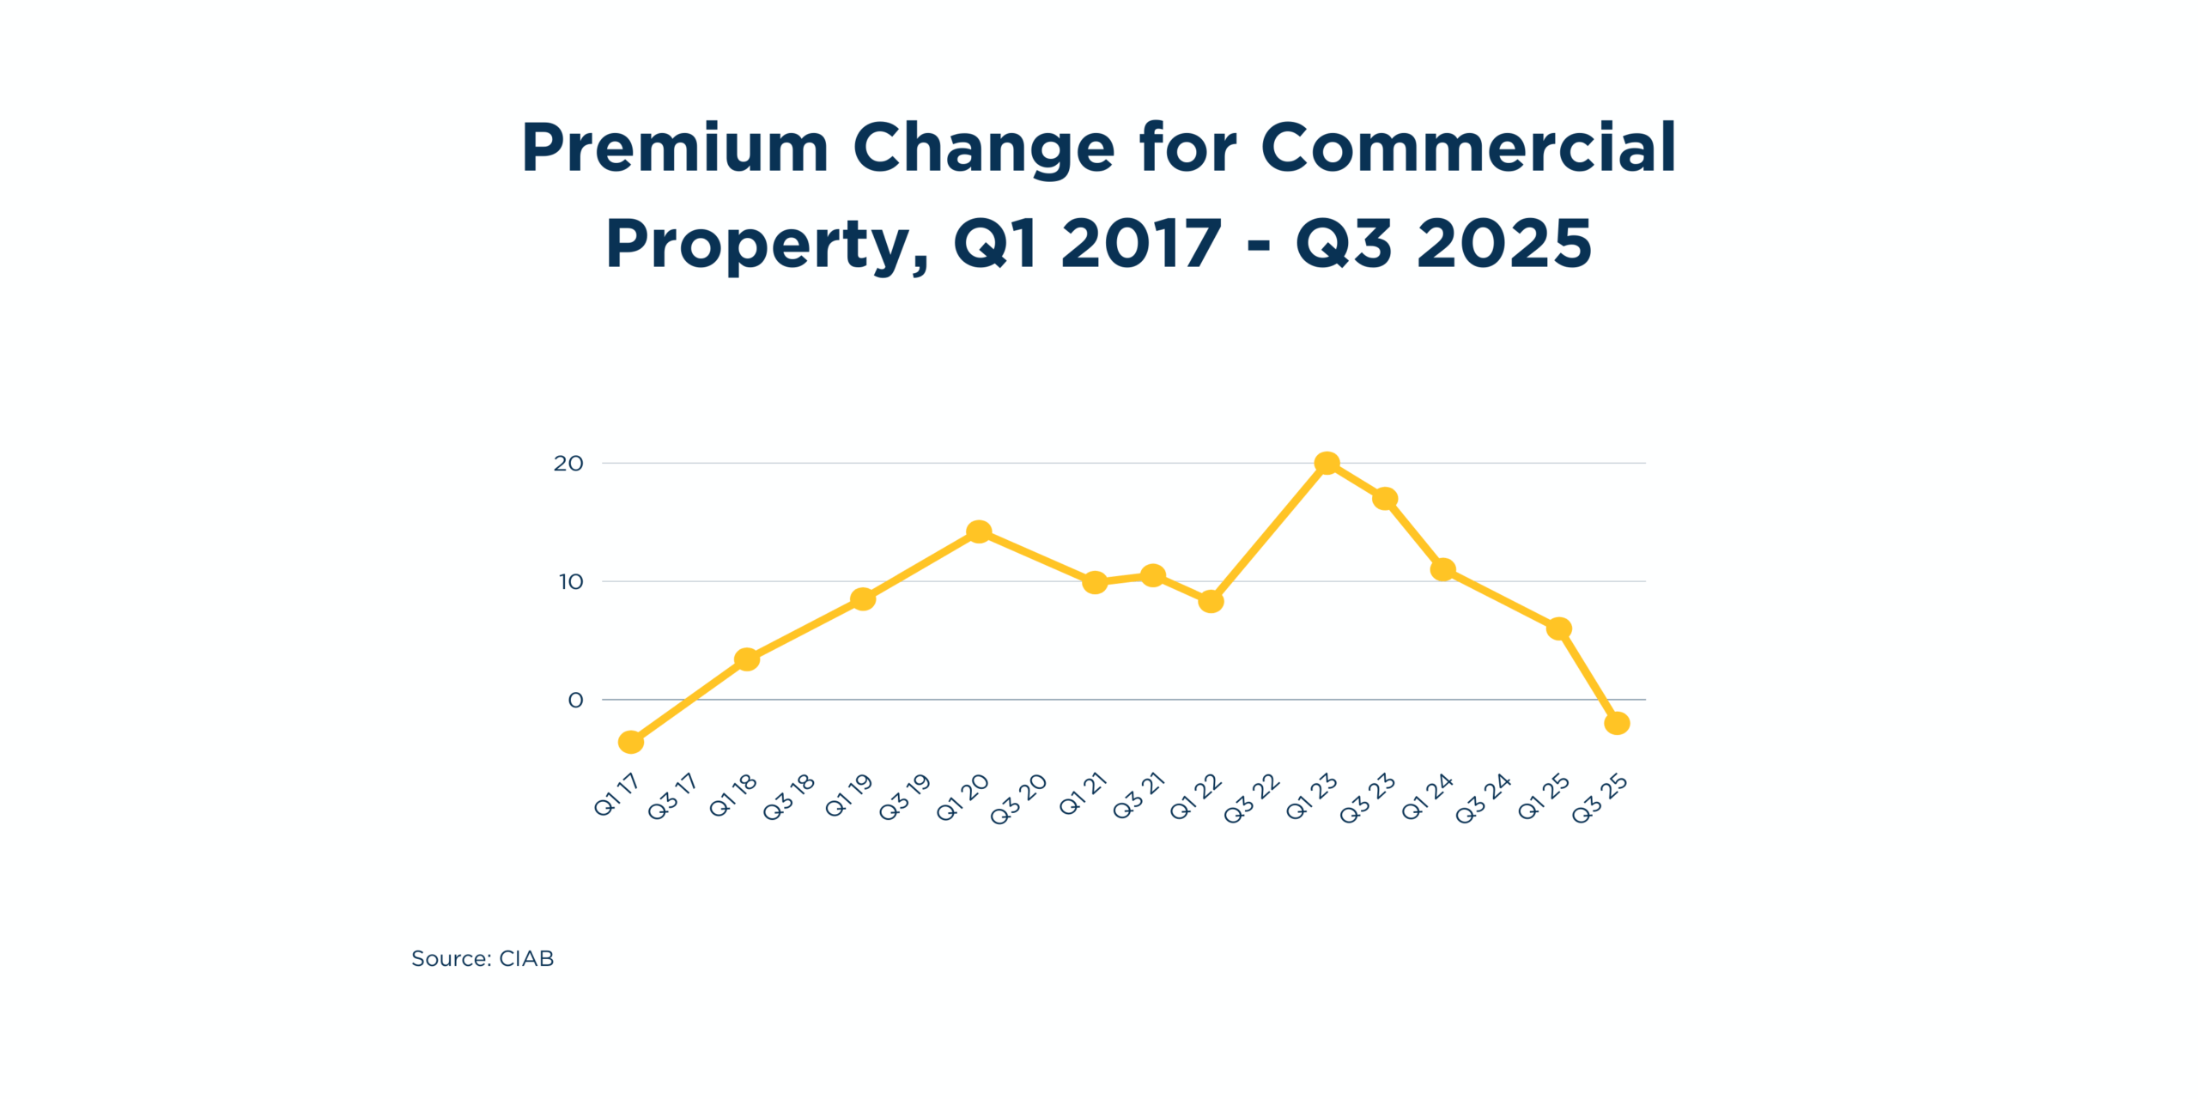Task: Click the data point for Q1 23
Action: pyautogui.click(x=1327, y=463)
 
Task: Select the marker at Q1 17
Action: pyautogui.click(x=631, y=742)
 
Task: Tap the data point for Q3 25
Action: pyautogui.click(x=1617, y=723)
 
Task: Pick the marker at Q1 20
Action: pyautogui.click(x=979, y=531)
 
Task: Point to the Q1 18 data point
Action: pyautogui.click(x=747, y=659)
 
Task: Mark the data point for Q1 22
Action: pyautogui.click(x=1211, y=601)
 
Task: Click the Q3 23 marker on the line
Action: pyautogui.click(x=1385, y=498)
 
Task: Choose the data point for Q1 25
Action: pyautogui.click(x=1559, y=628)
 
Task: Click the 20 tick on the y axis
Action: pyautogui.click(x=568, y=464)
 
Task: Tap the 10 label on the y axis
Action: pyautogui.click(x=571, y=582)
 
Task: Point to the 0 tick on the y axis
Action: pyautogui.click(x=575, y=701)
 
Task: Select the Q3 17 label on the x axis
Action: pyautogui.click(x=672, y=798)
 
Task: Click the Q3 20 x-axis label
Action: pyautogui.click(x=1018, y=799)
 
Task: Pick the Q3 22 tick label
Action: pyautogui.click(x=1252, y=799)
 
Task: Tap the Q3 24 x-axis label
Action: pyautogui.click(x=1483, y=799)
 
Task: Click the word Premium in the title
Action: pyautogui.click(x=675, y=148)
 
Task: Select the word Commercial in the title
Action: pyautogui.click(x=1468, y=148)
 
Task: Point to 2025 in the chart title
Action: pyautogui.click(x=1504, y=244)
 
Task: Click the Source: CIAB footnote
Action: pyautogui.click(x=483, y=958)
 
